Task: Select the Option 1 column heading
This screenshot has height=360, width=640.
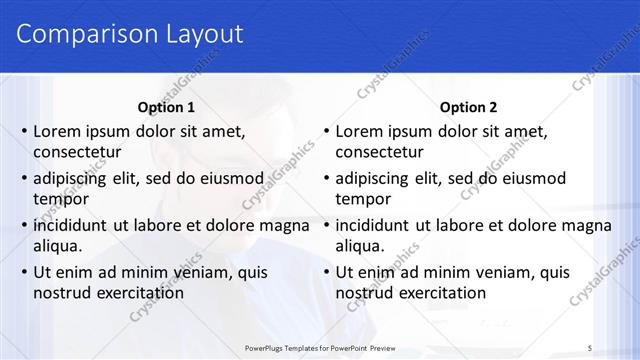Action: (x=165, y=107)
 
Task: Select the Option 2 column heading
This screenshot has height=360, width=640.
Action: (x=468, y=107)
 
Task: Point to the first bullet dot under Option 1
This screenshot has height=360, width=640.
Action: (x=25, y=131)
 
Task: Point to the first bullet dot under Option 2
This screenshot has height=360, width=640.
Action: (x=327, y=131)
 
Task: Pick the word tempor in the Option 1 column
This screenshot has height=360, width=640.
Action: (x=59, y=200)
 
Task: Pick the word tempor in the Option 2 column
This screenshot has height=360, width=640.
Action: (x=361, y=200)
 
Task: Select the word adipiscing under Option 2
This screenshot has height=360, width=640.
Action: (x=372, y=179)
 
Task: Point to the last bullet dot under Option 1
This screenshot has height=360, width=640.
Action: (x=25, y=272)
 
